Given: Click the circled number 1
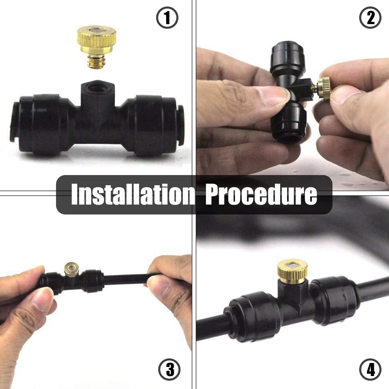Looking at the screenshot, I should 167,18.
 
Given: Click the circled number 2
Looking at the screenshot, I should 370,18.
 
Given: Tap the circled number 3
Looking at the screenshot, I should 169,370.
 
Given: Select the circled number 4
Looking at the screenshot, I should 370,370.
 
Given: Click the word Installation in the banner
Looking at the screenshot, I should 133,195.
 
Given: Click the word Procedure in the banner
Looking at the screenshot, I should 261,195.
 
